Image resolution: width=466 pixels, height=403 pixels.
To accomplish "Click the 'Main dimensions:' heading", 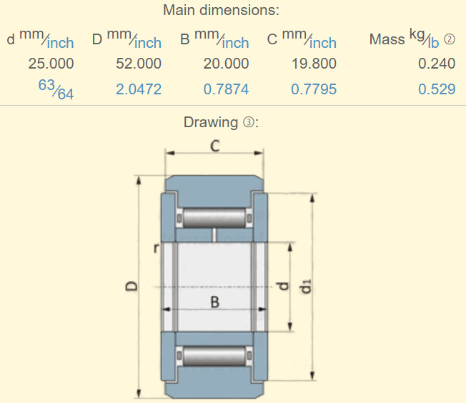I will pos(221,11).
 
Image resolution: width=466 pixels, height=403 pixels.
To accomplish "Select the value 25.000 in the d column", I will pos(51,64).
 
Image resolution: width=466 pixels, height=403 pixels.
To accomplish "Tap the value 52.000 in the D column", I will pos(139,64).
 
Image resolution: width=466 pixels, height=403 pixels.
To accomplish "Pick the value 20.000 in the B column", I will pos(226,64).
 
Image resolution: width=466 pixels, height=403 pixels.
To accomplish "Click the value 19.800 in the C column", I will pos(314,64).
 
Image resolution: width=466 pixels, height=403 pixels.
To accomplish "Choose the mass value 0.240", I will pos(437,64).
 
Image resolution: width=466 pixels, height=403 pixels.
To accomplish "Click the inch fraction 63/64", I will pos(56,90).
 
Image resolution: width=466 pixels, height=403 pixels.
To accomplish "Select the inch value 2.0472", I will pos(139,89).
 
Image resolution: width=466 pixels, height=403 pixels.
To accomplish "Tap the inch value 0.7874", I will pos(226,89).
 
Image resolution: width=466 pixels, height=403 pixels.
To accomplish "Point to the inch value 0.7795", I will pos(314,89).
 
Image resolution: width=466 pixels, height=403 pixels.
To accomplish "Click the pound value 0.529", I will pos(437,89).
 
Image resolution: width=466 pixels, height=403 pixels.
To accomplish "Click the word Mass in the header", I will pos(387,39).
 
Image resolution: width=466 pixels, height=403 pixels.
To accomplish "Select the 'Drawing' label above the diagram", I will pos(209,122).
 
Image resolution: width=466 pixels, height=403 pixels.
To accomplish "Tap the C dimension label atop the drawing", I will pos(214,146).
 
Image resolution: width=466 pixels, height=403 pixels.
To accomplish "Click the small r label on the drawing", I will pos(156,248).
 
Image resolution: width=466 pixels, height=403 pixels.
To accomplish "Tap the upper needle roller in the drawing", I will pos(214,217).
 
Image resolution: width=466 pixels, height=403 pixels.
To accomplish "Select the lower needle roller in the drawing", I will pos(214,355).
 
